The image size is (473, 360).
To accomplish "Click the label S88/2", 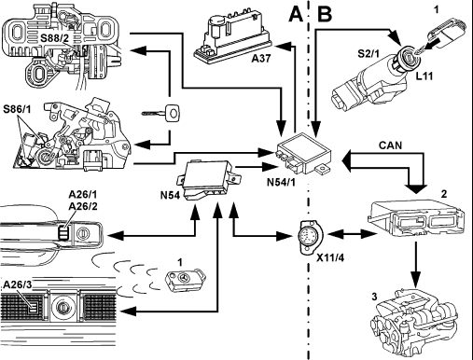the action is click(56, 38).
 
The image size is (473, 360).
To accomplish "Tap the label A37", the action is click(261, 58).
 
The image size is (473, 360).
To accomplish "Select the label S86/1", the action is click(17, 109).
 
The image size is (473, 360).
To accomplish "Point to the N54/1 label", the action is click(281, 182).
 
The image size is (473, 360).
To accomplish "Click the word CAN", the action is click(390, 145).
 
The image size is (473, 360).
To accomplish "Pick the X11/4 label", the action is click(330, 257).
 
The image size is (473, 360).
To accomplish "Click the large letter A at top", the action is click(296, 14).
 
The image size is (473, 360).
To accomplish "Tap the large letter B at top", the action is click(325, 14).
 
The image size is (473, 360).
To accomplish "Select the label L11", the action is click(424, 76).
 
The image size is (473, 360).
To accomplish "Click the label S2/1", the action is click(369, 53).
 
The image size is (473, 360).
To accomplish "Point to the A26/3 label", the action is click(18, 284).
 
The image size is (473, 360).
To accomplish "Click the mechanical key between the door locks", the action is click(161, 113).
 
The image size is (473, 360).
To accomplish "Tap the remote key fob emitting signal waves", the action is click(186, 281).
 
